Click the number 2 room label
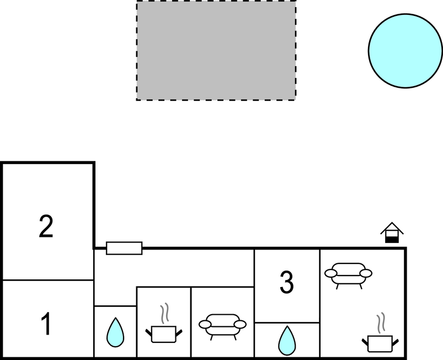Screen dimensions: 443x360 click(46, 226)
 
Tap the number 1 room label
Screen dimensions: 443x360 click(46, 324)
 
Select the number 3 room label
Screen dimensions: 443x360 click(287, 282)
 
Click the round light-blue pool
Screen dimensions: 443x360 click(405, 51)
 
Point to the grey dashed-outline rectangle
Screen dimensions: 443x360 click(216, 50)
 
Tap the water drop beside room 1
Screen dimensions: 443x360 click(115, 332)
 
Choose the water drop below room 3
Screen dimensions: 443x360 click(287, 341)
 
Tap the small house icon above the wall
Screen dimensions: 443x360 click(392, 232)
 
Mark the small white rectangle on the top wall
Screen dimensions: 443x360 click(124, 248)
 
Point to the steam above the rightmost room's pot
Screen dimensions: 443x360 click(381, 322)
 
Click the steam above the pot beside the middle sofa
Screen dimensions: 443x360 click(164, 313)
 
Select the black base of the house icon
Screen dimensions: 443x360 click(392, 240)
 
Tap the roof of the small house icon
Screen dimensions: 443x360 click(392, 228)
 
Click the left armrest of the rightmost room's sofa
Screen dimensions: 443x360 click(330, 273)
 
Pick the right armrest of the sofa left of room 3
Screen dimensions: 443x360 click(240, 324)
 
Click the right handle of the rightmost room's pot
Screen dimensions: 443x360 click(396, 342)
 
